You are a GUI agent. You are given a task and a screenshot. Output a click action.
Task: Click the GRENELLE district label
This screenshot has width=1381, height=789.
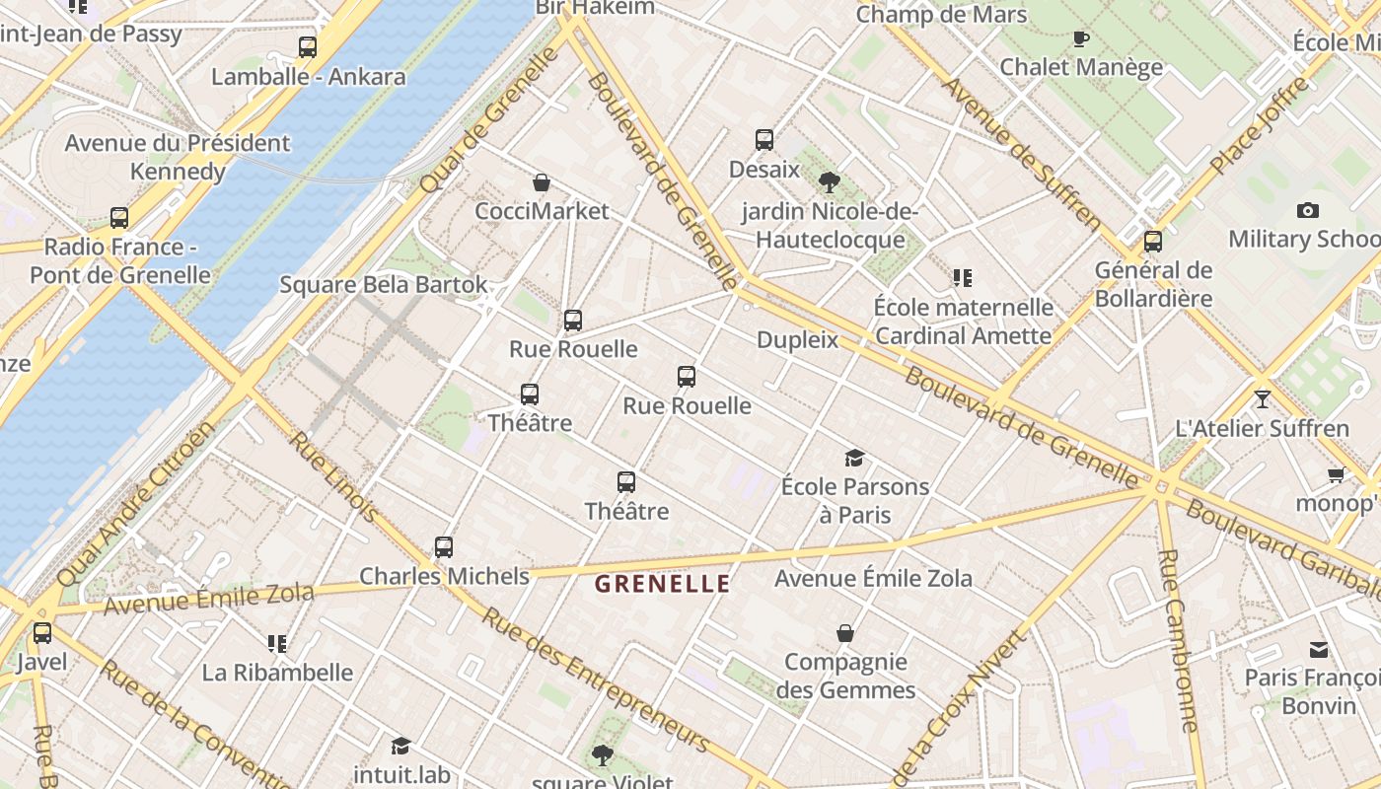[662, 583]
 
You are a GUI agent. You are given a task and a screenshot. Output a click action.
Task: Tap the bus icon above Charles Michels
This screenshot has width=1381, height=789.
[444, 546]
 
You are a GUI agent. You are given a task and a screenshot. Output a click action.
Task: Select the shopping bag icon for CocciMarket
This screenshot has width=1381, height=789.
[542, 182]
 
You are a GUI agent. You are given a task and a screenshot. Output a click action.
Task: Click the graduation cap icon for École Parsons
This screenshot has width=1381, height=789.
[854, 458]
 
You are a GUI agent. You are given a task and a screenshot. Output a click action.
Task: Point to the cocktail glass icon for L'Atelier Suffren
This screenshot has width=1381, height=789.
[1262, 399]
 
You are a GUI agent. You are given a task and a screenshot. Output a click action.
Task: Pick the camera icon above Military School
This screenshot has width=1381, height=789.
[1308, 210]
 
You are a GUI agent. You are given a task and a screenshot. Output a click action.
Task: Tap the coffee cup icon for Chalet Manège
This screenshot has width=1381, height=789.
[1081, 38]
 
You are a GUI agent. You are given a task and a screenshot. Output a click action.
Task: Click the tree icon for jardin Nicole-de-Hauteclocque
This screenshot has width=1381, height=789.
[830, 181]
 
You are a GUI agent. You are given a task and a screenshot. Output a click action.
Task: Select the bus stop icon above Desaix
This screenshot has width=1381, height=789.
[764, 140]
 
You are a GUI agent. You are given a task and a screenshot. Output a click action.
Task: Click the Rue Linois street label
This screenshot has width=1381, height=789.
[332, 476]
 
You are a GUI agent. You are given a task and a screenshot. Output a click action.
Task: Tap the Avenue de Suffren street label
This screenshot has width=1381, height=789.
[1020, 153]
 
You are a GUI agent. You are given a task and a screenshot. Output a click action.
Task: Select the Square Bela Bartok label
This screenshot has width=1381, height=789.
[384, 285]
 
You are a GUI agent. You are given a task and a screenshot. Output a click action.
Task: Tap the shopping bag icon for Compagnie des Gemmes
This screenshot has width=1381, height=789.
[845, 633]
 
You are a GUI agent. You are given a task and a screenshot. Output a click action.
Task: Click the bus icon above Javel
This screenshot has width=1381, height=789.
[41, 633]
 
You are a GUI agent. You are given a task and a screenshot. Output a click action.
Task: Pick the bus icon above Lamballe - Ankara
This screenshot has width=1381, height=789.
[308, 47]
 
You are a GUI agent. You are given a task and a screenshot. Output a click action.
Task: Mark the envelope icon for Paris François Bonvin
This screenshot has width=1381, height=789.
[1319, 649]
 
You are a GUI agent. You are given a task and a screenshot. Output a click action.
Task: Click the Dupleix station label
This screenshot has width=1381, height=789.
[797, 340]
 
